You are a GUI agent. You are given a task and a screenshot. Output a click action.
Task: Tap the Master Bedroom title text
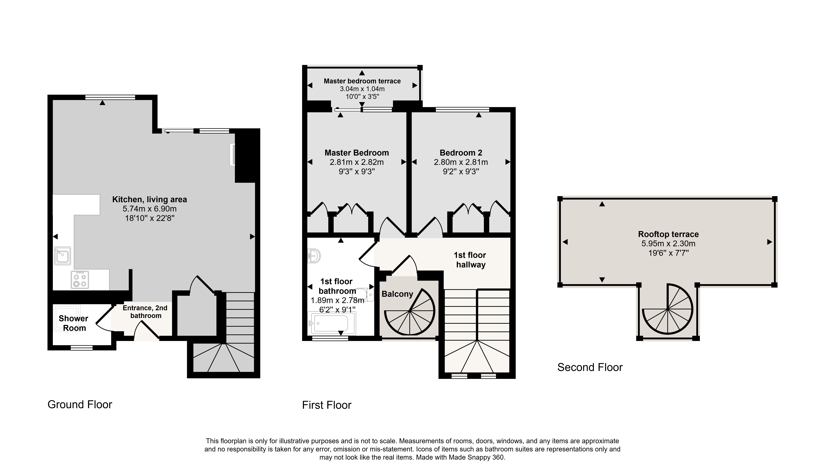tap(357, 153)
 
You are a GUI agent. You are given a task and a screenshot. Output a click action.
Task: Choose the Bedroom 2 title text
tap(461, 153)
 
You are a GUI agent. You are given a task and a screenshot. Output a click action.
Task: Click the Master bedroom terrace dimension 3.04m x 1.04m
tap(362, 89)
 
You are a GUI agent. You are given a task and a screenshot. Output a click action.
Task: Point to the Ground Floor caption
tap(80, 405)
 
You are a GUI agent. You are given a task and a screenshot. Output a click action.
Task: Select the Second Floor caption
tap(590, 367)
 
